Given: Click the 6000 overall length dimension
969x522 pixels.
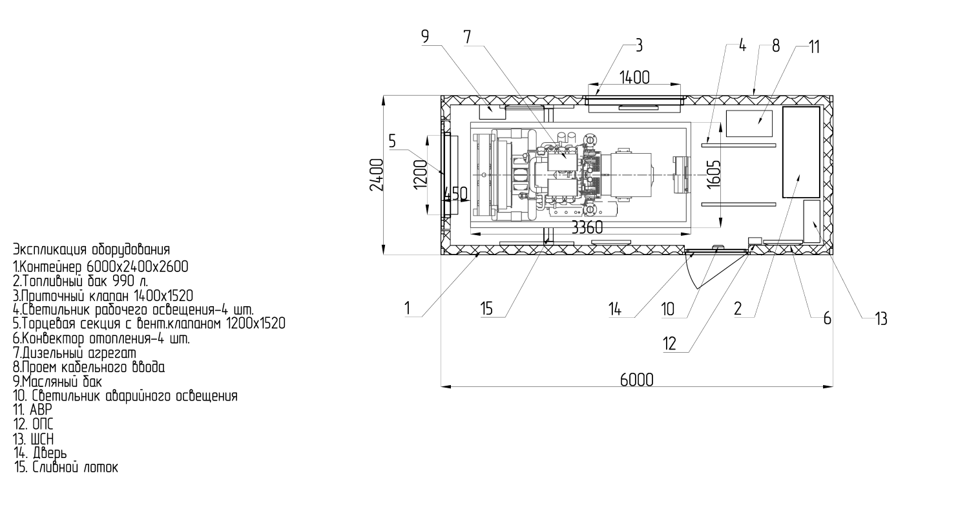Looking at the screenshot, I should (636, 379).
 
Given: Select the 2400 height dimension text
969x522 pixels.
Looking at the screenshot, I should (377, 174).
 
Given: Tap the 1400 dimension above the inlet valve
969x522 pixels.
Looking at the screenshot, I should (634, 78).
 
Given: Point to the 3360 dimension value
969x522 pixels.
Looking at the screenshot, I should (587, 227).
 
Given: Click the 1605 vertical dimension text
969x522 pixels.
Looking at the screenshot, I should (713, 172).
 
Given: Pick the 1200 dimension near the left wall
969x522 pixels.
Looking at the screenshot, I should (421, 172).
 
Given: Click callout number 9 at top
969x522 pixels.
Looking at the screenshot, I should (425, 37).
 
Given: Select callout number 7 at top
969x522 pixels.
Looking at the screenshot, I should (467, 37).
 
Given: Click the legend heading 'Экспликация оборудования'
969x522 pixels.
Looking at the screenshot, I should (91, 249).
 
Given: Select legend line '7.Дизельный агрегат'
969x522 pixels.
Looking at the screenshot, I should (75, 353).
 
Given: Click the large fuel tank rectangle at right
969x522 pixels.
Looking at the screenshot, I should (801, 152).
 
